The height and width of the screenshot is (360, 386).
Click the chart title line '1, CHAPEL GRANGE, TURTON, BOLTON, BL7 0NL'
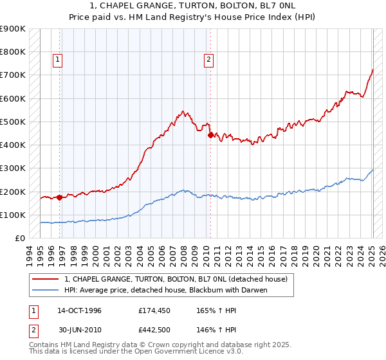click(193, 6)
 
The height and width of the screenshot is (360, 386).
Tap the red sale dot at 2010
click(210, 134)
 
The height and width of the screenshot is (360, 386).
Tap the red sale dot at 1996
click(60, 197)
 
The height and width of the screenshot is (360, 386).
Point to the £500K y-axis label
click(13, 122)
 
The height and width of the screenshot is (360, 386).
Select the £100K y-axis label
click(13, 215)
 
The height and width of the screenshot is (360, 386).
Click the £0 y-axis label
click(19, 238)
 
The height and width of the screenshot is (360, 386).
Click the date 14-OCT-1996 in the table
click(79, 310)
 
